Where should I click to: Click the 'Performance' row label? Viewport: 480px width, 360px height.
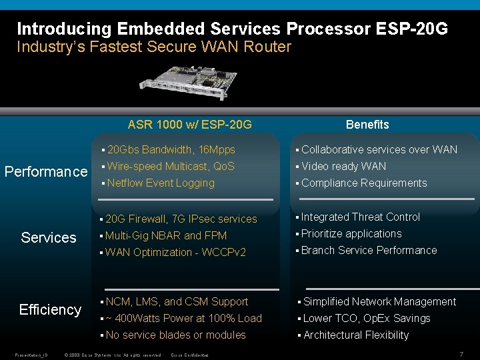(x=46, y=172)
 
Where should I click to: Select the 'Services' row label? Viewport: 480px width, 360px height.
(x=49, y=238)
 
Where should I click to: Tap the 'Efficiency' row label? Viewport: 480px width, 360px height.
(x=50, y=309)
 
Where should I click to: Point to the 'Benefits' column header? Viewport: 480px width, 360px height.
(x=367, y=125)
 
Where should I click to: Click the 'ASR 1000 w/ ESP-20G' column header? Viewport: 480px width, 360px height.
(x=190, y=125)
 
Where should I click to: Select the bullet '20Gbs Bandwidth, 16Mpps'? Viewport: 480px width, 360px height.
(x=171, y=150)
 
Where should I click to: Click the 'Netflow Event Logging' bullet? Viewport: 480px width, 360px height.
(x=161, y=183)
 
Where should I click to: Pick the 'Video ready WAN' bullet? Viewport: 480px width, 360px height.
(x=343, y=167)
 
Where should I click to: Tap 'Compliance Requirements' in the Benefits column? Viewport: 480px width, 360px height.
(x=364, y=183)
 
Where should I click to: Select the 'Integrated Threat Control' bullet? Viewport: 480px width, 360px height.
(x=361, y=217)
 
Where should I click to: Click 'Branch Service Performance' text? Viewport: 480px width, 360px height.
(x=369, y=251)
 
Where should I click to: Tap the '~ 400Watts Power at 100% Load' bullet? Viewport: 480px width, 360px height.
(x=183, y=319)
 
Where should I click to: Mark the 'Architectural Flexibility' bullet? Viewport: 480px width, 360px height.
(x=356, y=335)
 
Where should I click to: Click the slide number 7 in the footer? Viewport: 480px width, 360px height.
(x=461, y=353)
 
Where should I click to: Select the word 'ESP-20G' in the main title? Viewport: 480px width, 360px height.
(x=413, y=29)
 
